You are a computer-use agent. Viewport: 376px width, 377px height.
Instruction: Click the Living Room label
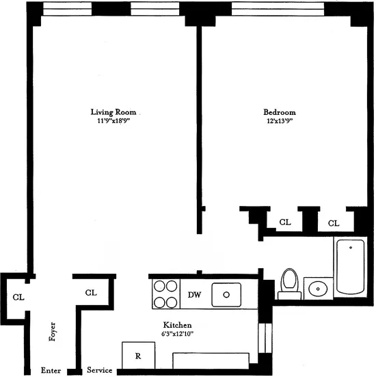click(113, 112)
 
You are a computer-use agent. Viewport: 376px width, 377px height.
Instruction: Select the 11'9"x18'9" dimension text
click(113, 121)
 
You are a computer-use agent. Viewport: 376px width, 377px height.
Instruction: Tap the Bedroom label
click(280, 112)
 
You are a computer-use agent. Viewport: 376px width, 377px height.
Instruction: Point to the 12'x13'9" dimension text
click(280, 121)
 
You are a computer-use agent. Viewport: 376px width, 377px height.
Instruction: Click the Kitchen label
click(177, 324)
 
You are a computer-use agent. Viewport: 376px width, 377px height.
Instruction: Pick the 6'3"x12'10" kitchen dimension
click(177, 334)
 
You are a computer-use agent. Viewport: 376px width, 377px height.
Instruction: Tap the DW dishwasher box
click(194, 295)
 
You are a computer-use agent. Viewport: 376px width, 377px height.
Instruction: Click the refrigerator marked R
click(137, 356)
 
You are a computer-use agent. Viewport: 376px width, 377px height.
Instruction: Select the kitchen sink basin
click(226, 295)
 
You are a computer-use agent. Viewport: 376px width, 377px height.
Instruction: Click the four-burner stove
click(165, 295)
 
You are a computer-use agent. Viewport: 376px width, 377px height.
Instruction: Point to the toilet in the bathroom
click(290, 282)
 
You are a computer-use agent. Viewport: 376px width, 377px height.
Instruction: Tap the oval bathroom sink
click(317, 288)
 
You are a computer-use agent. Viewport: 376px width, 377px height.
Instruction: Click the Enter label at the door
click(51, 370)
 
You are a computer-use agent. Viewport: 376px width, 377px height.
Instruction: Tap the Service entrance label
click(100, 370)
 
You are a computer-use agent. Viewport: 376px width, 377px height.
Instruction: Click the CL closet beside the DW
click(91, 292)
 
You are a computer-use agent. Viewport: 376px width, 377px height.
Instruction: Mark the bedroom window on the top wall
click(277, 9)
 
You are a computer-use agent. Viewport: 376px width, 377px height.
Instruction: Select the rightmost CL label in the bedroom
click(334, 222)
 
